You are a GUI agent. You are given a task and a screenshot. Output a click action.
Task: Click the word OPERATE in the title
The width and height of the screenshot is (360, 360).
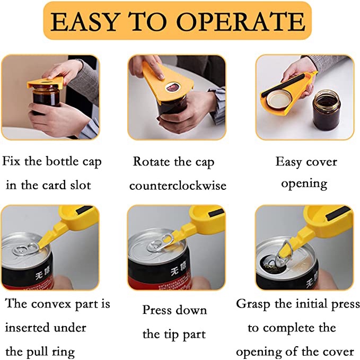pos(241,21)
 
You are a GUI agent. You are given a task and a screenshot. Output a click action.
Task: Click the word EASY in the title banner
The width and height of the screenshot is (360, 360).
pos(85,22)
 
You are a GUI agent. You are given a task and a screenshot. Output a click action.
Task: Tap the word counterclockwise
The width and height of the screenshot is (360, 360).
pos(178,186)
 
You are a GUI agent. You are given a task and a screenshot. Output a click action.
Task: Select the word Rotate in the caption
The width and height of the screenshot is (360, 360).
pos(152,161)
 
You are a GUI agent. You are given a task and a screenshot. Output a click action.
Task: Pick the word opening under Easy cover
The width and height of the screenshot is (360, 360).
pos(304,184)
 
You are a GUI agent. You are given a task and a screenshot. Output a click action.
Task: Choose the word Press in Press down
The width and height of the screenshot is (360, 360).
pos(157,310)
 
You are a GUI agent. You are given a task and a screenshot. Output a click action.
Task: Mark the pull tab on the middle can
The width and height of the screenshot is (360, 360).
pos(161,242)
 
